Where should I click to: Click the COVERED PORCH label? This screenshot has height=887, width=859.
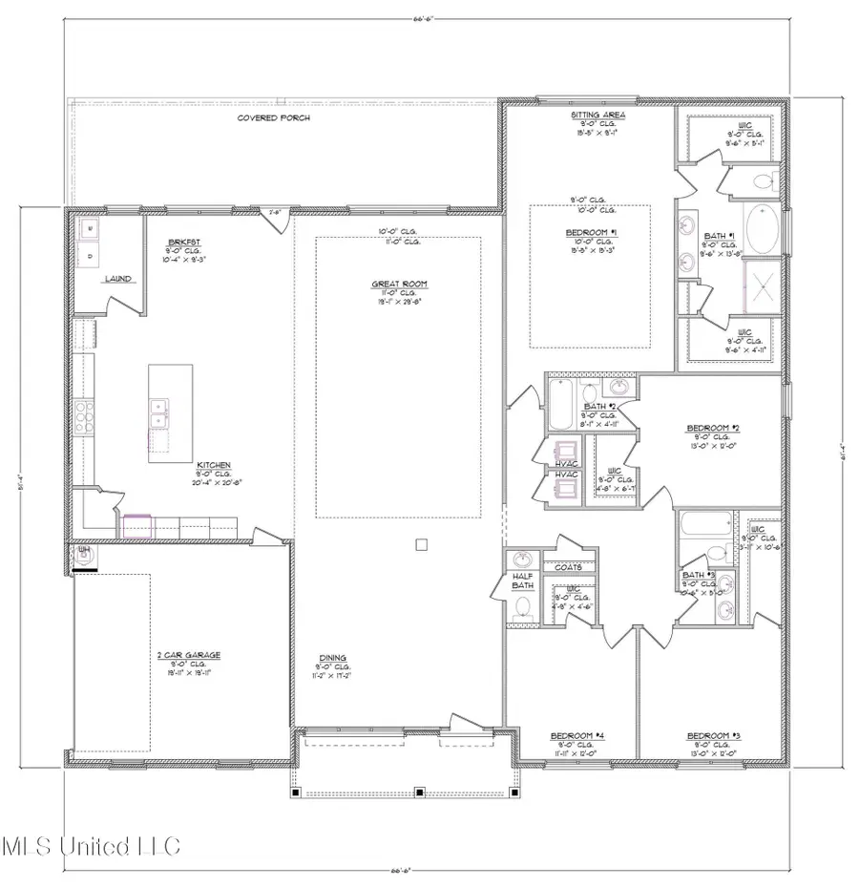pyautogui.click(x=273, y=117)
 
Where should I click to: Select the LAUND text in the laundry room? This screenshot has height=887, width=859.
pyautogui.click(x=117, y=279)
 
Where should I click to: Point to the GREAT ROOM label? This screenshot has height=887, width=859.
pyautogui.click(x=399, y=284)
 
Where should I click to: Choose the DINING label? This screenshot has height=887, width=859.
pyautogui.click(x=333, y=657)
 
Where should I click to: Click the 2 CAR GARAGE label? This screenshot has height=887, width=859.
pyautogui.click(x=189, y=654)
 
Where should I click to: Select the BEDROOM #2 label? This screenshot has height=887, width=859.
pyautogui.click(x=714, y=427)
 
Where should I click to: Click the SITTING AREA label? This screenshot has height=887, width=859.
pyautogui.click(x=598, y=115)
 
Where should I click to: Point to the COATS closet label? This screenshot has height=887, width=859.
pyautogui.click(x=570, y=567)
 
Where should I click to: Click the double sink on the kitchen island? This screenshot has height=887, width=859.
pyautogui.click(x=160, y=413)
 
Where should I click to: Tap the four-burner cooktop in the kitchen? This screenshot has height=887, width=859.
pyautogui.click(x=85, y=418)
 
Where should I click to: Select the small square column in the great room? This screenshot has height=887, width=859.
pyautogui.click(x=421, y=544)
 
